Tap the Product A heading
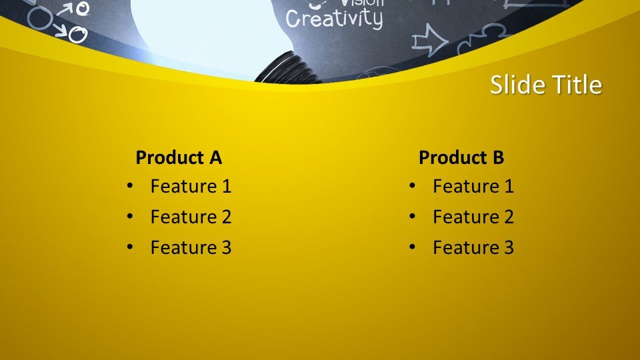click(178, 158)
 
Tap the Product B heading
click(461, 158)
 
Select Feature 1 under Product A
click(191, 186)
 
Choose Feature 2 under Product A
click(191, 217)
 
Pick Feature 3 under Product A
click(191, 247)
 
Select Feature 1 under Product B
click(473, 186)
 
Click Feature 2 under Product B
click(473, 217)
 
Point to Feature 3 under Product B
click(473, 247)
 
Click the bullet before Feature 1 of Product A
click(129, 186)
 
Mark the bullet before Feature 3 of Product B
click(412, 247)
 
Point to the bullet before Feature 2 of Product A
click(129, 217)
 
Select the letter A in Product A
click(215, 158)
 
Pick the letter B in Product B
click(498, 158)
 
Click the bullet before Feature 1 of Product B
click(412, 186)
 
